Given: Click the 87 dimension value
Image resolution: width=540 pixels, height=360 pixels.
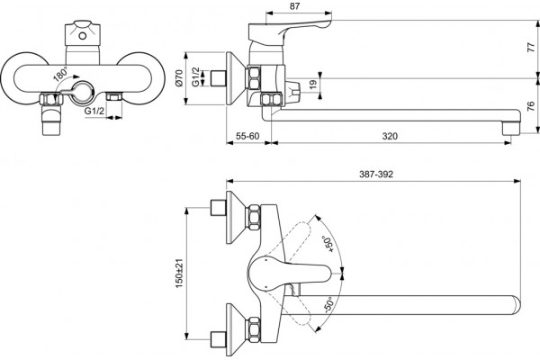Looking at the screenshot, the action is click(295, 6).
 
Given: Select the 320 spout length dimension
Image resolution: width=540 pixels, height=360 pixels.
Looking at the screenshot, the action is click(390, 136).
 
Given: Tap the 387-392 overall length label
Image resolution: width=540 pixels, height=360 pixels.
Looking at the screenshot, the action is click(376, 174).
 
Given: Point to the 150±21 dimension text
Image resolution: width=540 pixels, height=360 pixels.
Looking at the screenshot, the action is click(179, 274).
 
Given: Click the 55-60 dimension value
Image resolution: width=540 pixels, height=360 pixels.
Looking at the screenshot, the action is click(247, 136).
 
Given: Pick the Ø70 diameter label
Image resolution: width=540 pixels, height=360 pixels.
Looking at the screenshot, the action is click(178, 77).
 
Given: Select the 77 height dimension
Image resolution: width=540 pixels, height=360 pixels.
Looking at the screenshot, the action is click(532, 48).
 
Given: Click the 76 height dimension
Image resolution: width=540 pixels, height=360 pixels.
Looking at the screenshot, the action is click(531, 106).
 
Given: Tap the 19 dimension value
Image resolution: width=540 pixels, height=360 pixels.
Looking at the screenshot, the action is click(312, 85).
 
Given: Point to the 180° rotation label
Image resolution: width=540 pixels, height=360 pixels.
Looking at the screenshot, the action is click(60, 75).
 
